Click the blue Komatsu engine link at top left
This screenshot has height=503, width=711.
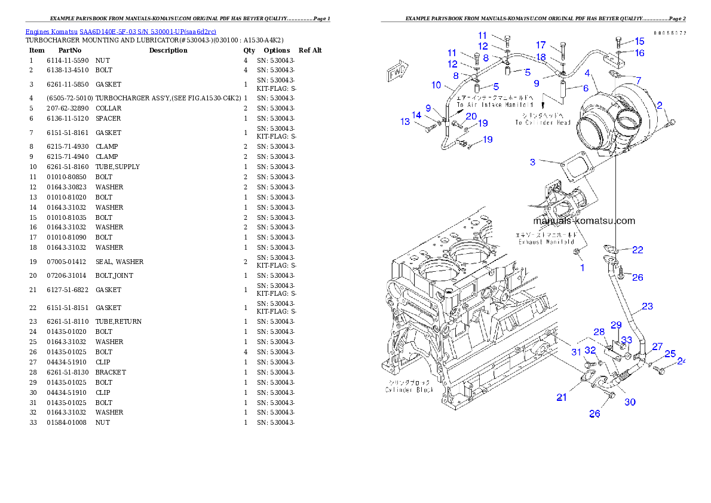pyautogui.click(x=120, y=31)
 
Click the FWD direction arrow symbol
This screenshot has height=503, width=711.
pyautogui.click(x=397, y=71)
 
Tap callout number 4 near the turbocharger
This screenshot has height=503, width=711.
pyautogui.click(x=588, y=73)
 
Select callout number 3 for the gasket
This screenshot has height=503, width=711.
pyautogui.click(x=532, y=162)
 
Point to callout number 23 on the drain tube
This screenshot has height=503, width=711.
pyautogui.click(x=647, y=306)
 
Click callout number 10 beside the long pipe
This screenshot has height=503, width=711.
pyautogui.click(x=436, y=85)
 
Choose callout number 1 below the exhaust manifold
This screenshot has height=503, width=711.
pyautogui.click(x=583, y=268)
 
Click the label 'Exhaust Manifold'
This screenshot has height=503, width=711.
pyautogui.click(x=546, y=242)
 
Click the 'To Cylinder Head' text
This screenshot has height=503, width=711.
pyautogui.click(x=543, y=122)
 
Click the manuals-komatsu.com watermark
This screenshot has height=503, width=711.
pyautogui.click(x=584, y=220)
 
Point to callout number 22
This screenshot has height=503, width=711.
pyautogui.click(x=638, y=250)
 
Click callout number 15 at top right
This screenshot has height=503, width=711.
pyautogui.click(x=639, y=41)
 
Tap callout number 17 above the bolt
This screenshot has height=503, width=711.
pyautogui.click(x=541, y=45)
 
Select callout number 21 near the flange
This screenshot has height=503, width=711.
pyautogui.click(x=562, y=397)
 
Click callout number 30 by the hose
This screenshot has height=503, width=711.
pyautogui.click(x=630, y=402)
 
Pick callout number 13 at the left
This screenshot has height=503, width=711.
pyautogui.click(x=405, y=122)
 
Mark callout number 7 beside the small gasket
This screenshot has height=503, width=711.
pyautogui.click(x=639, y=80)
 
